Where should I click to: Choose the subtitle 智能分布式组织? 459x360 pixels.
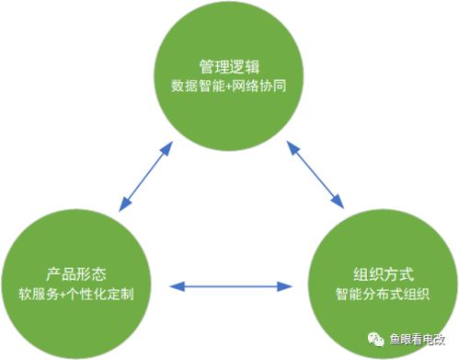(x=382, y=296)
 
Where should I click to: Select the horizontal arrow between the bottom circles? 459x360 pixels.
(x=225, y=287)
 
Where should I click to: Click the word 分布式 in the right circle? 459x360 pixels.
(x=382, y=296)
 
